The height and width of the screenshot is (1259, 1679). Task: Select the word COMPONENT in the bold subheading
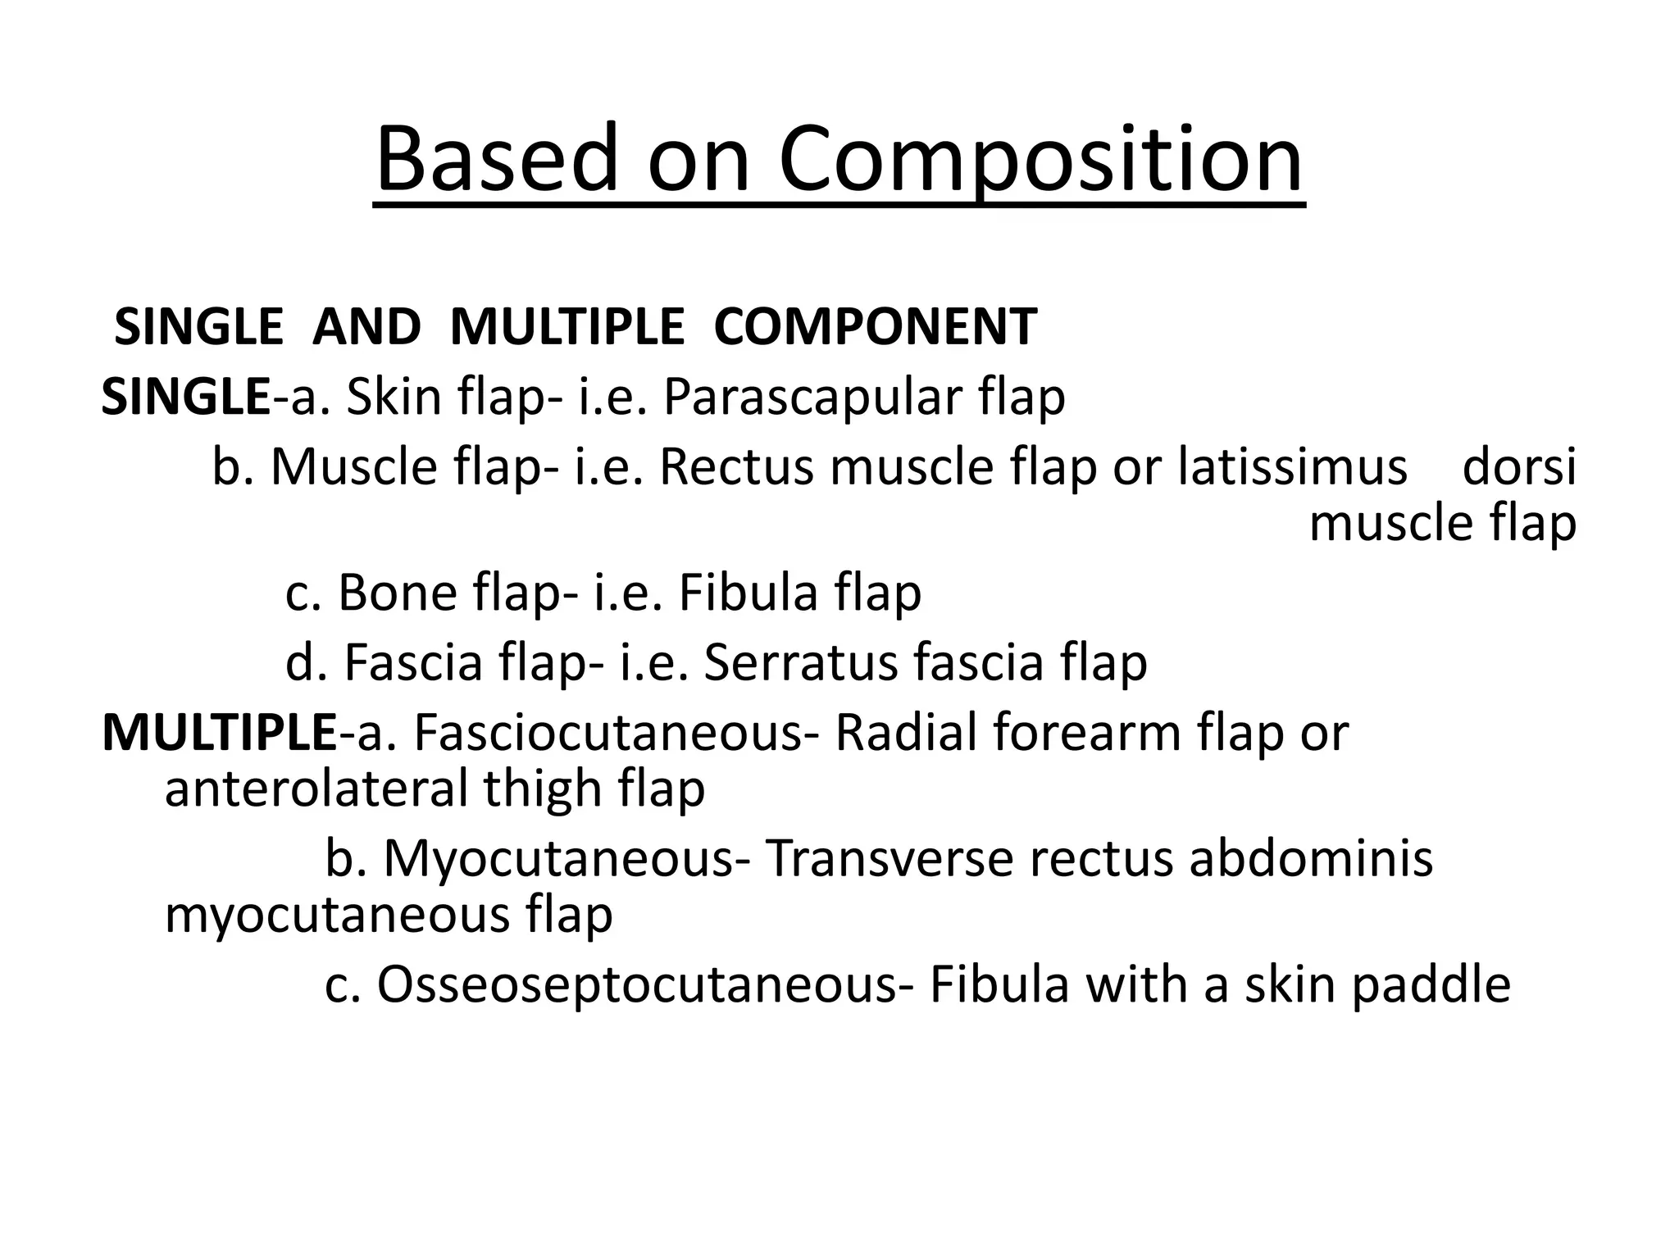click(876, 326)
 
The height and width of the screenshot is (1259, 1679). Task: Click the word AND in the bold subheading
click(366, 326)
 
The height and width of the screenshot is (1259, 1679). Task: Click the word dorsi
click(1519, 467)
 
